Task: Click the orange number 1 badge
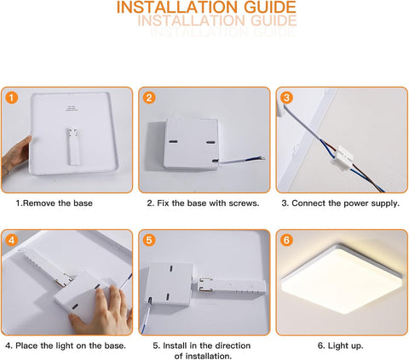[x=11, y=97]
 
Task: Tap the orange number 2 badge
[x=149, y=97]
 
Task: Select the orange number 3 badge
[x=286, y=97]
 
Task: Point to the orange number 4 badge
[x=11, y=240]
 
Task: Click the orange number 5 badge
[x=149, y=240]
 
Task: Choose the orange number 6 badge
[x=286, y=240]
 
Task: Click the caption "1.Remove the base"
[x=55, y=203]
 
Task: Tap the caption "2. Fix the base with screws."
[x=203, y=203]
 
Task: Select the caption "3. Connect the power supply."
[x=340, y=203]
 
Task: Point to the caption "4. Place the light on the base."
[x=66, y=346]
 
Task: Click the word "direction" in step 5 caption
[x=228, y=346]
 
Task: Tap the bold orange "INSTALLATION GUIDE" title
[x=206, y=8]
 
